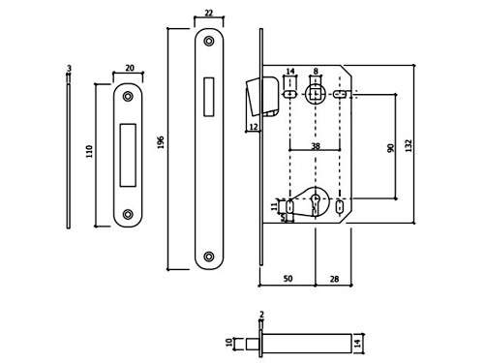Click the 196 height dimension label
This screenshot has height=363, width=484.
pos(161,142)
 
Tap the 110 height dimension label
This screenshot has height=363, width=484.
pos(89,152)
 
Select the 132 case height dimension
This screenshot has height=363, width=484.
pos(408,146)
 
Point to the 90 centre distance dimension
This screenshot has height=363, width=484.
pos(390,148)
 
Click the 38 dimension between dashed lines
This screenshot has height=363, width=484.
pos(316,146)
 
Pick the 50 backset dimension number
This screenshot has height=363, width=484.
pos(287,278)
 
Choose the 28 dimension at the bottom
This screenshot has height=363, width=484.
pos(334,279)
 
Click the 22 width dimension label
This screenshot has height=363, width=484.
pos(209,13)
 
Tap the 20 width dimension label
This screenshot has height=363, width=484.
pos(129,68)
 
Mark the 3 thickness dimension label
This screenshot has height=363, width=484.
pos(69,69)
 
